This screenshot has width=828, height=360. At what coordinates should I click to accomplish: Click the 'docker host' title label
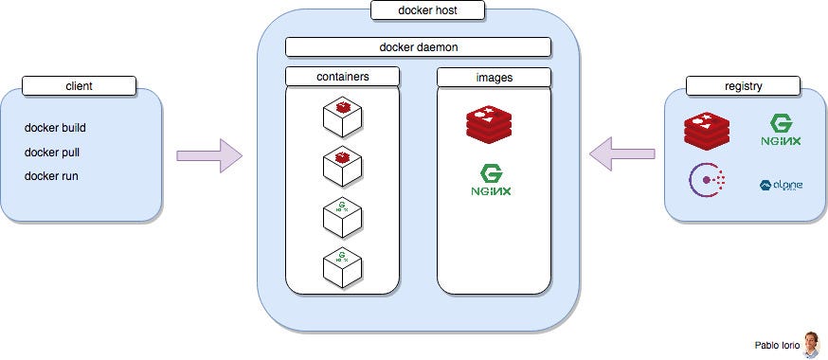(428, 11)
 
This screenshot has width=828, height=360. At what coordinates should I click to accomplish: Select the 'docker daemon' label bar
(418, 46)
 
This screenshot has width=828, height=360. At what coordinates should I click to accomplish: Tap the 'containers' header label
(342, 77)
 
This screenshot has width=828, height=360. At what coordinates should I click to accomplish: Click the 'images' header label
(494, 77)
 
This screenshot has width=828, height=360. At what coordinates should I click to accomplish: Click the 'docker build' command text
(56, 128)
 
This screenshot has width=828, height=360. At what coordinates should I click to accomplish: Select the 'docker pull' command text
(52, 152)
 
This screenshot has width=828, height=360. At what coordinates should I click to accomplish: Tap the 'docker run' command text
(50, 175)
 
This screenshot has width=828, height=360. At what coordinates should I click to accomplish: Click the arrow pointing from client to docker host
(209, 155)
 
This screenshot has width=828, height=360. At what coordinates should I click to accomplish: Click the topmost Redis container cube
(342, 119)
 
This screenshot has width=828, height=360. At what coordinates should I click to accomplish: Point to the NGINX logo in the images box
(492, 180)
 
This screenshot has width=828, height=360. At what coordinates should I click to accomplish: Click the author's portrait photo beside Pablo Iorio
(811, 345)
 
